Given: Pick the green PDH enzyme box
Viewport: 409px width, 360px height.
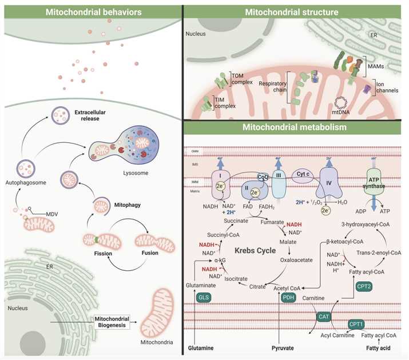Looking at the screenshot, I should pos(288,298).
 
